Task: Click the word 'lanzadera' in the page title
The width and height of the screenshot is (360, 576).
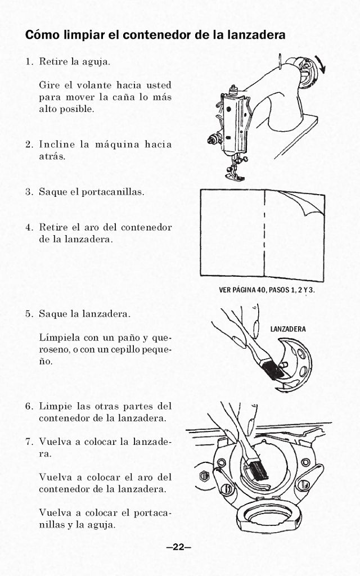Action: pos(256,35)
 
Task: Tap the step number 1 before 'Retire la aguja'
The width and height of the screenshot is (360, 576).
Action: pos(28,61)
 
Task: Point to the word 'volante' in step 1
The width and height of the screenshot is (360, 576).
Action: pos(93,85)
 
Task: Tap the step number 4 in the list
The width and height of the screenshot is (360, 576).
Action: pos(28,228)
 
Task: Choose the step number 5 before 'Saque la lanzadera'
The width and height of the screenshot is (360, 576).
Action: pos(28,314)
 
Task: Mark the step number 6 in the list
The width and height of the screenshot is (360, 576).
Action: pos(28,406)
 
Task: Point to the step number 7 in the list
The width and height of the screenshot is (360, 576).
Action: pos(28,442)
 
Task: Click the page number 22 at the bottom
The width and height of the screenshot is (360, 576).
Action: pos(179,547)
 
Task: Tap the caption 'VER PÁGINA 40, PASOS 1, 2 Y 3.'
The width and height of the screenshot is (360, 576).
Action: pos(267,290)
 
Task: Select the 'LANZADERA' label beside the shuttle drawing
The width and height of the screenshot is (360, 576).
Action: pos(288,329)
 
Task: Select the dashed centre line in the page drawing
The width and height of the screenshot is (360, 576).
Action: pos(264,236)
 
